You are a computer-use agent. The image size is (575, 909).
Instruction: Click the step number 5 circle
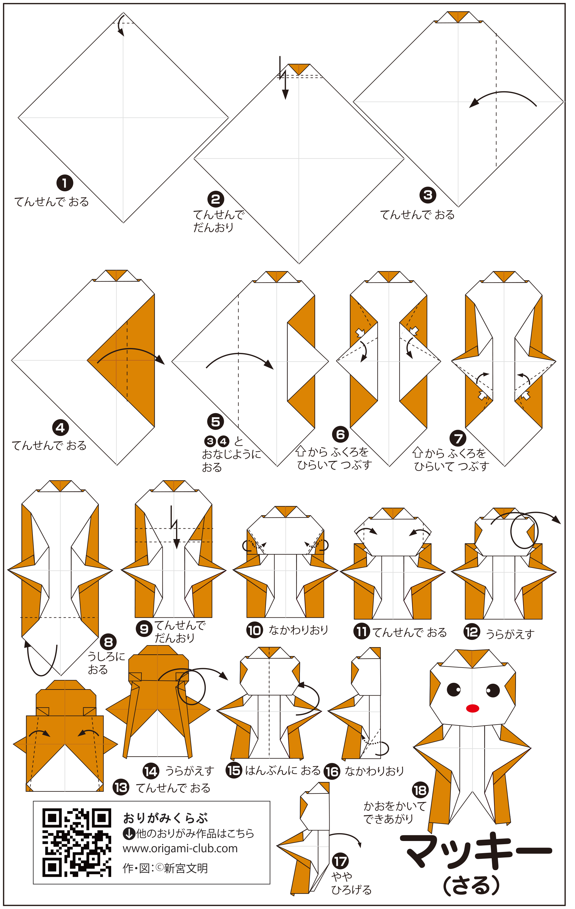tap(215, 422)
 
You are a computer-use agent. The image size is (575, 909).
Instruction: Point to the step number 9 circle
tap(144, 629)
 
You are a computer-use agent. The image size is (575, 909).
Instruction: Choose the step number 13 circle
tap(121, 788)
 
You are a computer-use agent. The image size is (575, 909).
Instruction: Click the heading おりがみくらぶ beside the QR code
tap(165, 818)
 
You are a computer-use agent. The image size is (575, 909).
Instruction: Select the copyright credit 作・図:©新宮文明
tap(165, 868)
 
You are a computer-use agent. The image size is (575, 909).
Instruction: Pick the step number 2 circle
tap(215, 199)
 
